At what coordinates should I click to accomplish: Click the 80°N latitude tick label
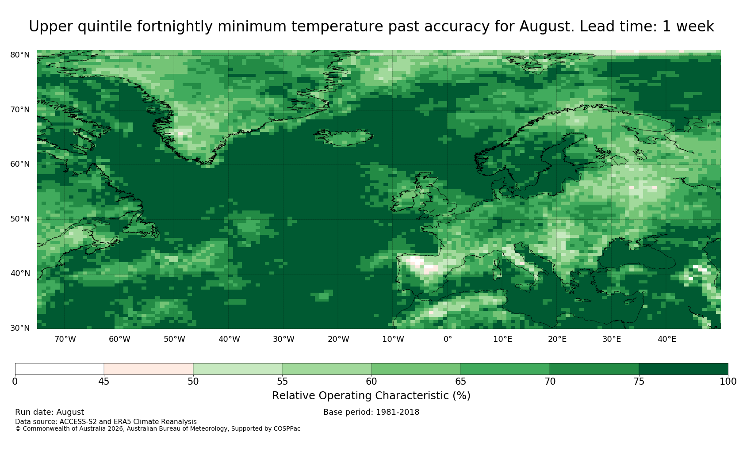[20, 55]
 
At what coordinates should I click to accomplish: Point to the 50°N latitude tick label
[20, 219]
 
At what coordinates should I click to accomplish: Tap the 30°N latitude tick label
[20, 328]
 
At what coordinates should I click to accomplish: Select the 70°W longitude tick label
[65, 339]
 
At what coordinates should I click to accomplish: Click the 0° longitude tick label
[448, 339]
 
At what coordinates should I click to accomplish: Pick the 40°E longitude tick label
[667, 339]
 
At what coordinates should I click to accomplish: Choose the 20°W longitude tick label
[338, 339]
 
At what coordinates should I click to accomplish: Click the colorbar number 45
[104, 382]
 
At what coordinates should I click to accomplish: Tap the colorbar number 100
[728, 382]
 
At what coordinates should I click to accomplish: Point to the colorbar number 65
[460, 382]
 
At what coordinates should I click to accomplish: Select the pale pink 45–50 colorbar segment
[148, 369]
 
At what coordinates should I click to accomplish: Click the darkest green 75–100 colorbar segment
[683, 369]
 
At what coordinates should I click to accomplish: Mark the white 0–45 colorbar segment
[59, 369]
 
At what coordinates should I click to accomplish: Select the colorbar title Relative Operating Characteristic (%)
[371, 396]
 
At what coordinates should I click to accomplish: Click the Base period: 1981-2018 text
[371, 412]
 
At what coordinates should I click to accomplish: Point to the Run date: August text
[50, 412]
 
